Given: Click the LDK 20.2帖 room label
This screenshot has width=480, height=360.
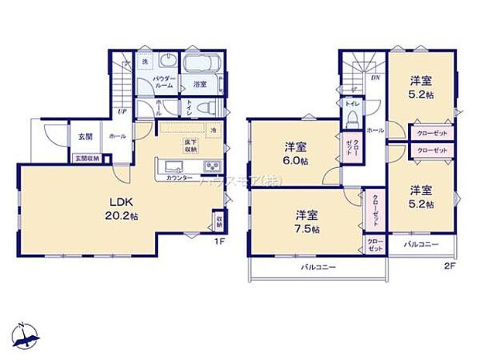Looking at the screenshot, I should coord(119,209).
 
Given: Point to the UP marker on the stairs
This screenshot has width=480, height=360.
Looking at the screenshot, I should coord(122,111).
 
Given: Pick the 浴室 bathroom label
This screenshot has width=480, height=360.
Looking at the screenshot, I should coord(200,84).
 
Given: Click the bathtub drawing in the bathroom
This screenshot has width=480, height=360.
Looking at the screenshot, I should coord(203,63).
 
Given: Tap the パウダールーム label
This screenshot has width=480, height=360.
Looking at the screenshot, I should coord(165,83).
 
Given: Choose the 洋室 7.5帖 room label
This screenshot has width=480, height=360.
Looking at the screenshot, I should coord(308,221).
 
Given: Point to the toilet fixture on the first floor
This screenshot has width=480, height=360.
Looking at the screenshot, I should coord(201,108).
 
